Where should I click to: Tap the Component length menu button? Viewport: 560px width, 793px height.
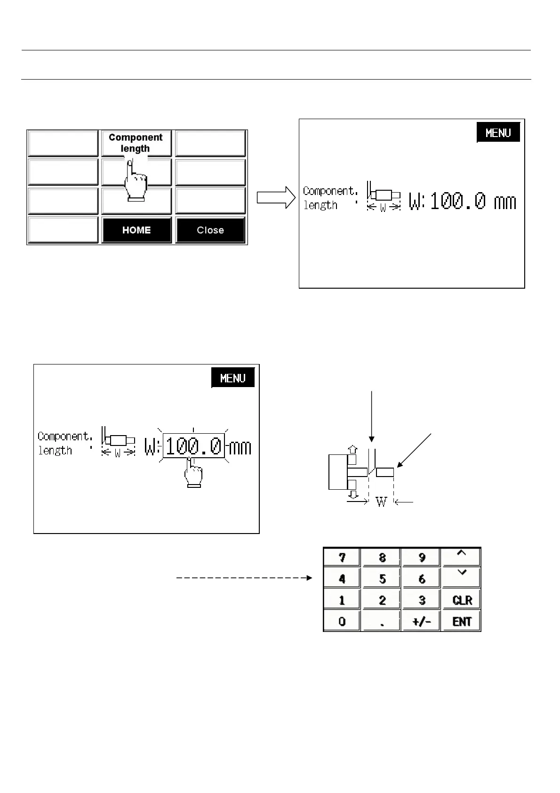click(136, 143)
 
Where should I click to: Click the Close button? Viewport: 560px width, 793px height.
click(210, 230)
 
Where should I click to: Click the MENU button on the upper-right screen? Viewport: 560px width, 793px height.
click(498, 133)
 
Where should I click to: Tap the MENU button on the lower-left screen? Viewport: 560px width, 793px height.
click(233, 378)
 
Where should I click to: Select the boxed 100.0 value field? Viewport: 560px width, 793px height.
click(193, 446)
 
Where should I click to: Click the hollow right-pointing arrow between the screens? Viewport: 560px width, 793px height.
click(276, 197)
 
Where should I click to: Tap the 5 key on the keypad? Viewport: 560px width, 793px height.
click(382, 578)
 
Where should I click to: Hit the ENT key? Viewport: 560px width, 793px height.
click(462, 622)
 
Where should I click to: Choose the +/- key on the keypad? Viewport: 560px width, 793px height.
click(422, 622)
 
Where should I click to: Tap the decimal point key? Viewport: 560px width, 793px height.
click(382, 622)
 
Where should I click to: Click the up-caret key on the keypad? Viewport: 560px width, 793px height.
click(462, 557)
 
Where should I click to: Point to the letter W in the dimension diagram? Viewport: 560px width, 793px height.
click(381, 502)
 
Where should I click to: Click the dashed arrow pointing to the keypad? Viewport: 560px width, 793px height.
click(244, 578)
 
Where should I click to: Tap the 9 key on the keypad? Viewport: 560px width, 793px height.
click(422, 558)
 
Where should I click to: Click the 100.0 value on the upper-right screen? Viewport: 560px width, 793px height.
click(458, 202)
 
